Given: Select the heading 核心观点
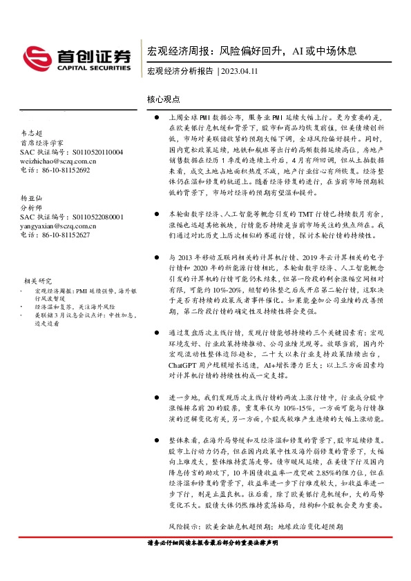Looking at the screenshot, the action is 163,100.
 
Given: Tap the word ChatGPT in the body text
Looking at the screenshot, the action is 182,364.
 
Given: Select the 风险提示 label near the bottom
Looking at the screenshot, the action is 182,526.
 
